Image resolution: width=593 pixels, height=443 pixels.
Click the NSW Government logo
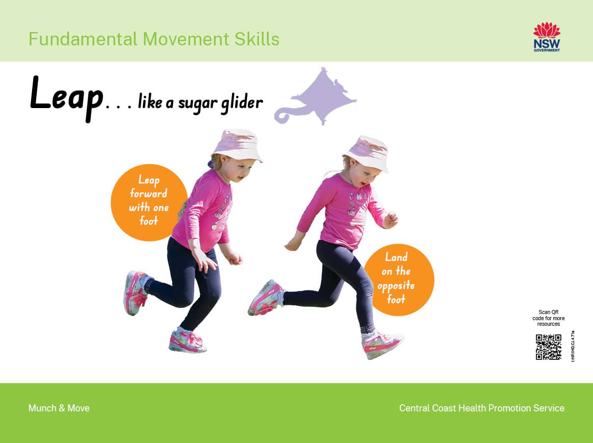point(547,37)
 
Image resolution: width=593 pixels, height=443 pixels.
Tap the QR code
point(548,347)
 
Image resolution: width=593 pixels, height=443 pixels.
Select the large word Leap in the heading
point(66,96)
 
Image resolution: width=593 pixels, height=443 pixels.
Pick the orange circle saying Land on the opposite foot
point(398,279)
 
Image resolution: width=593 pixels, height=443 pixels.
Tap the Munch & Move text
point(59,408)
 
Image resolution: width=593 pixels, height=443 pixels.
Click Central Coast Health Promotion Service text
point(481,408)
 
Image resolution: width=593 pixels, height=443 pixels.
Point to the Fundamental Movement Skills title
point(153,39)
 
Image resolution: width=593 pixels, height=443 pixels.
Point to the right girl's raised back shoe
point(265,298)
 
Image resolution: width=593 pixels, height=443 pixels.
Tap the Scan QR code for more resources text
point(548,318)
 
